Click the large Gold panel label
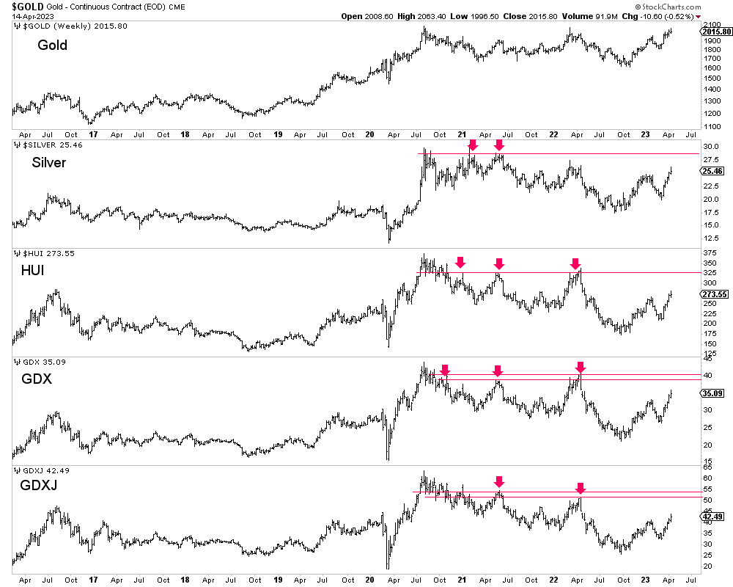coord(52,45)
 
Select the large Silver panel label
coord(49,162)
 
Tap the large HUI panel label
coord(32,271)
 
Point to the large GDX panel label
coord(37,379)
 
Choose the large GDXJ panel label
coord(40,487)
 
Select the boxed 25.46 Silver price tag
coord(713,171)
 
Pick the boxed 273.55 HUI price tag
coord(715,294)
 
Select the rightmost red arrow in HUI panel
coord(575,263)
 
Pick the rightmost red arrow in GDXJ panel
coord(581,488)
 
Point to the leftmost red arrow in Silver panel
coord(473,145)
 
